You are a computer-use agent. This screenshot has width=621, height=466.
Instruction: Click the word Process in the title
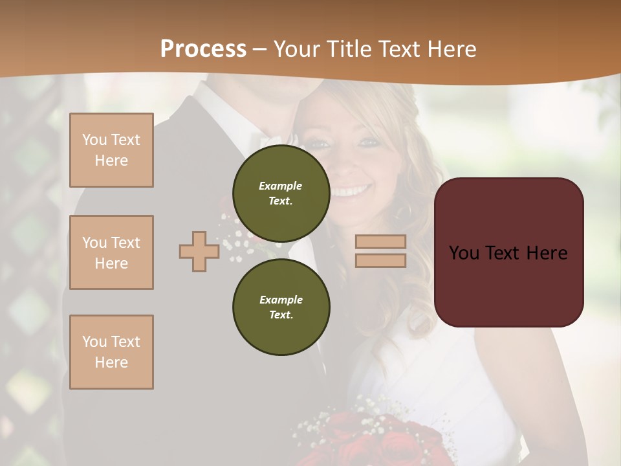203,49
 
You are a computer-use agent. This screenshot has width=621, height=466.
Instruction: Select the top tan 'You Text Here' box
111,150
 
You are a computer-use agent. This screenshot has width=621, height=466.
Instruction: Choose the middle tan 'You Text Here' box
111,252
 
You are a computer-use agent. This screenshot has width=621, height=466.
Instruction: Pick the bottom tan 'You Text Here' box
111,351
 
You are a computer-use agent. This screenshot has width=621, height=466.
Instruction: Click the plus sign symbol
199,251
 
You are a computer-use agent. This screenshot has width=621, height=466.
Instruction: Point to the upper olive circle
281,193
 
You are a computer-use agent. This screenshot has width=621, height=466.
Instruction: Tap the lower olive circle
281,307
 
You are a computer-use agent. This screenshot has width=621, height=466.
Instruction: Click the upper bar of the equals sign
380,241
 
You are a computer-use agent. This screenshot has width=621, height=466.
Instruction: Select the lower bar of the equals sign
380,260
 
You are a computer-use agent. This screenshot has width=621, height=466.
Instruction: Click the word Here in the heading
451,49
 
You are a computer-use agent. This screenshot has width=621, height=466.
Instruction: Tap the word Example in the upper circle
281,186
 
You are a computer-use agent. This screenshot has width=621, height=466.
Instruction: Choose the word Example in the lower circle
281,300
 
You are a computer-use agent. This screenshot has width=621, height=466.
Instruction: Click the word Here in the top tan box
111,161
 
